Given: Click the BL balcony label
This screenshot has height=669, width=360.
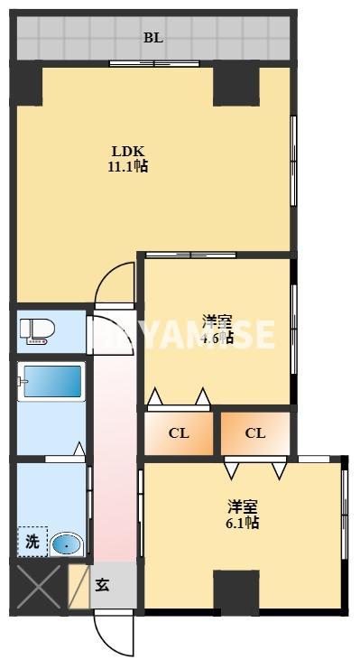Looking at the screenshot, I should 152,38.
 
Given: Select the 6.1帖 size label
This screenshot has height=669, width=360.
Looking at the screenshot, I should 242,522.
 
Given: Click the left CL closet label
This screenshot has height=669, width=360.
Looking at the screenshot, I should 179,433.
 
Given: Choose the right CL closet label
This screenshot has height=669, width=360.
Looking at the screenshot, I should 255,433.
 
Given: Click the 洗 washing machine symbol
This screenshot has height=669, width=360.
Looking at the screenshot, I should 32,542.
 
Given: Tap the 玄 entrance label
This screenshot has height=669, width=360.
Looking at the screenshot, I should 104,585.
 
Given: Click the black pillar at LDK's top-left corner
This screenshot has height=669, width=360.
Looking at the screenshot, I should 27,83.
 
